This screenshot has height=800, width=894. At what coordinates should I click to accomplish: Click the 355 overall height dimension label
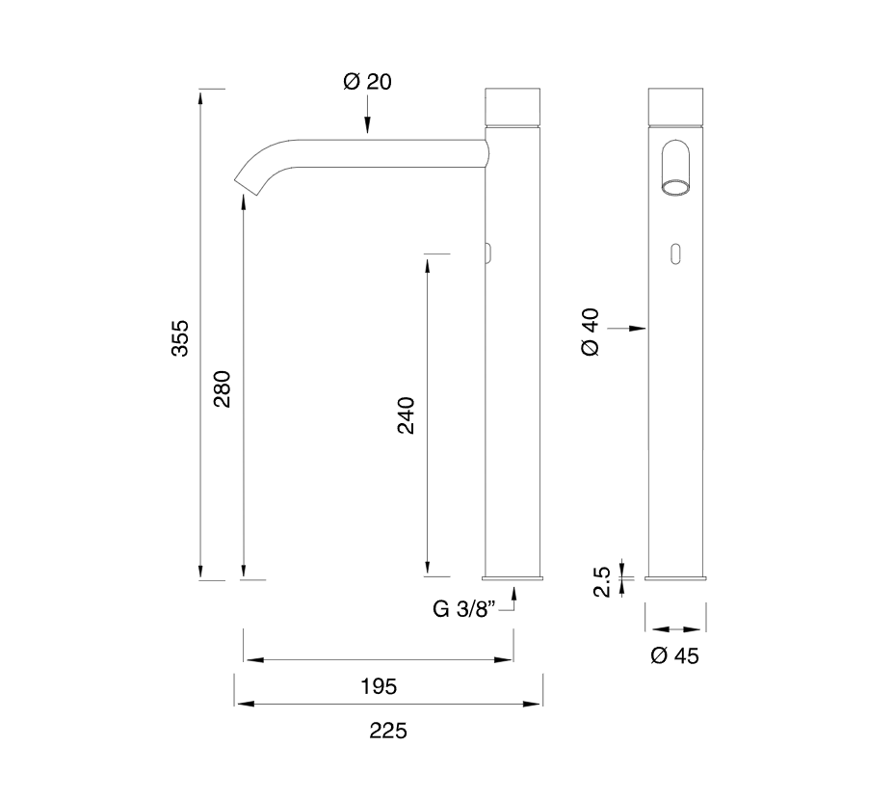point(179,338)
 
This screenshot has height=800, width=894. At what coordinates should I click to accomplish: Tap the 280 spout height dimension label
point(222,388)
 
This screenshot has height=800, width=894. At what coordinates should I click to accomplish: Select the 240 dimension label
point(406,415)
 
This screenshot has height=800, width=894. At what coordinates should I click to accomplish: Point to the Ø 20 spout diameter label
point(367,82)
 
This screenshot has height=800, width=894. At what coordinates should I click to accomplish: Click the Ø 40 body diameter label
point(591,333)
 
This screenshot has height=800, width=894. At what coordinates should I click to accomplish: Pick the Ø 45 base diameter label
point(674,655)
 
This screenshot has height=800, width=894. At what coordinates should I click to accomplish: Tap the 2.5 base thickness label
point(601,581)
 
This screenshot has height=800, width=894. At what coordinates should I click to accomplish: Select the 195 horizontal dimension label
point(379,686)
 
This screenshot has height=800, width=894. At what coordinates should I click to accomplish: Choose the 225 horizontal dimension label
point(387,731)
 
